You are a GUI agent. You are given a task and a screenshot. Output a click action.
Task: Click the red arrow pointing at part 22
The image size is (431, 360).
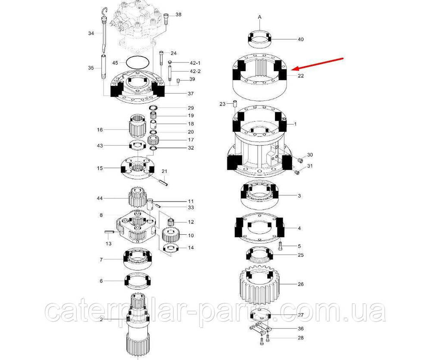(x=318, y=64)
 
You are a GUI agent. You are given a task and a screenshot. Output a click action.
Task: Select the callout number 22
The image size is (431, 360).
(x=301, y=75)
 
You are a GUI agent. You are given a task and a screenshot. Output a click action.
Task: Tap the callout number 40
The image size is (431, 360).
(x=301, y=40)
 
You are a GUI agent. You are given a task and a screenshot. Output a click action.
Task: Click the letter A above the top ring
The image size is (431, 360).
(x=260, y=17)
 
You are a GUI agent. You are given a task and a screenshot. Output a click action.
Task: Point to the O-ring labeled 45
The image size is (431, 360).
(x=138, y=62)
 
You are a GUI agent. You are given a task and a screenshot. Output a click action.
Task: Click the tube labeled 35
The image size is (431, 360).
(x=104, y=67)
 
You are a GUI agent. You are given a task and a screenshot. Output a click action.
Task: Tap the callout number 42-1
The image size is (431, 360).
(x=195, y=63)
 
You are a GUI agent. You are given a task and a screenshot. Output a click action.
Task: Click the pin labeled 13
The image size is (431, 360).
(x=109, y=232)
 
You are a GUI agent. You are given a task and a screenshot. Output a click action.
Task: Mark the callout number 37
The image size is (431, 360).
(x=191, y=93)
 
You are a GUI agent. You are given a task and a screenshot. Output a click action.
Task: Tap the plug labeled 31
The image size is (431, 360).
(x=297, y=172)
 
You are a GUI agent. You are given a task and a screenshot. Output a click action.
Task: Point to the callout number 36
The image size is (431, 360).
(x=301, y=329)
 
